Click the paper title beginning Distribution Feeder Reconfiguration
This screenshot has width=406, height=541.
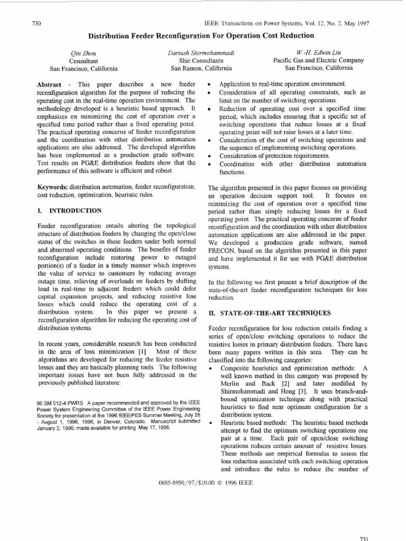point(201,35)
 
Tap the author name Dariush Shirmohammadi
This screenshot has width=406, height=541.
point(201,53)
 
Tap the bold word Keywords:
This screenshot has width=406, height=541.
point(52,187)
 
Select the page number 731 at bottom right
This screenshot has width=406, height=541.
point(363,537)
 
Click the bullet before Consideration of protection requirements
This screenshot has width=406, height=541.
point(211,156)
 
